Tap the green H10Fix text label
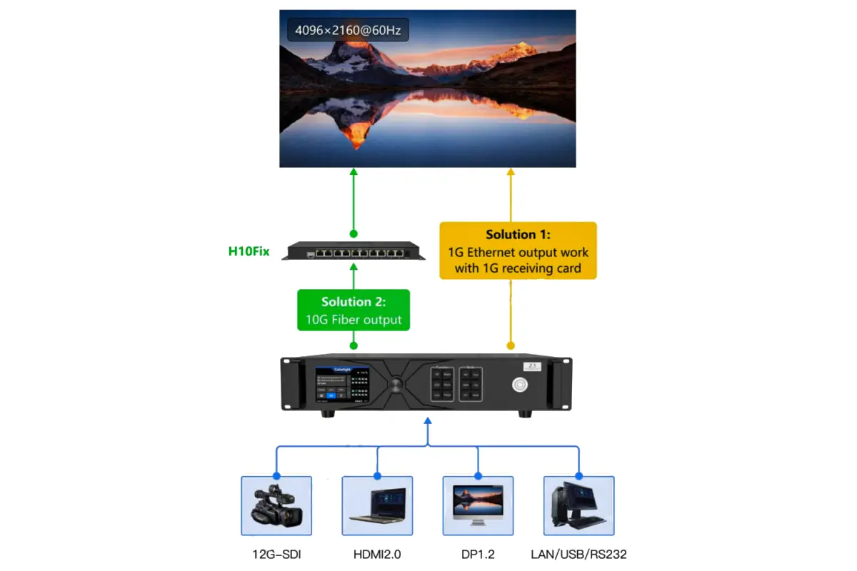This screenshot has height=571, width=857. [x=249, y=251]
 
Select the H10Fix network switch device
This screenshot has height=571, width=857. [x=353, y=251]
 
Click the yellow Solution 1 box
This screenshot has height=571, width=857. [x=518, y=251]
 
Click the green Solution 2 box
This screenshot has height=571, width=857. [x=354, y=310]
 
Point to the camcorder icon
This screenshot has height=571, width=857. [x=276, y=505]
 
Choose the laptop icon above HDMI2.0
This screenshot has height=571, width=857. [x=377, y=505]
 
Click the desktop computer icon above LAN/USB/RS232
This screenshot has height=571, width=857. [x=579, y=505]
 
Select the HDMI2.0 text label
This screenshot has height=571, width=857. [x=377, y=554]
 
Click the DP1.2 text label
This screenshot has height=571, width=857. [x=478, y=554]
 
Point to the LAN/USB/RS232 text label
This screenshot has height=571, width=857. [x=579, y=554]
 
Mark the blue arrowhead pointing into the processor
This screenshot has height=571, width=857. [x=427, y=421]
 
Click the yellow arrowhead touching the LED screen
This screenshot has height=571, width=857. [x=511, y=172]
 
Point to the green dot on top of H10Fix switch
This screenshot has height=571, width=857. [x=353, y=233]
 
